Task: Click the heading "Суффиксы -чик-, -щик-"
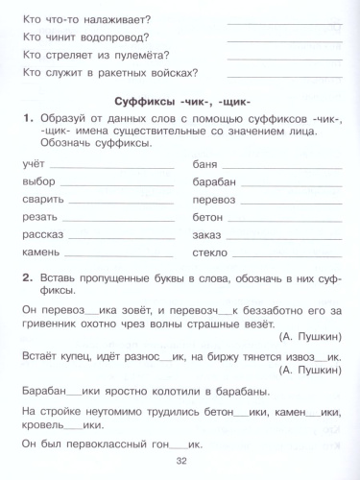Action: [x=180, y=100]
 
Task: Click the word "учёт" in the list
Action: [x=33, y=164]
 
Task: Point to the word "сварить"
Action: [x=42, y=199]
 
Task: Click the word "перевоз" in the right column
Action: [x=213, y=199]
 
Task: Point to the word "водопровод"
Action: [x=124, y=37]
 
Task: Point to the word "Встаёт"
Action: [x=40, y=355]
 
